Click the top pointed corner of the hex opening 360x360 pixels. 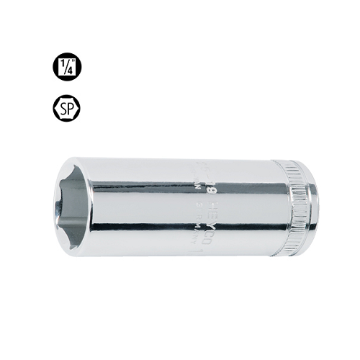[78, 173]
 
